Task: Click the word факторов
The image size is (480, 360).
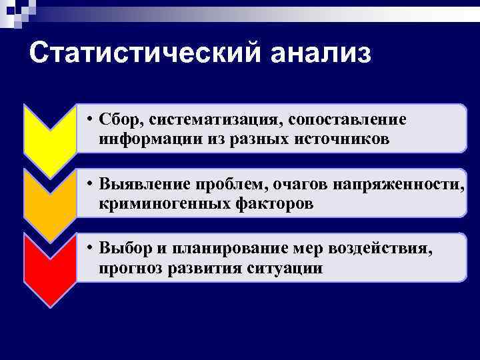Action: click(x=267, y=203)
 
